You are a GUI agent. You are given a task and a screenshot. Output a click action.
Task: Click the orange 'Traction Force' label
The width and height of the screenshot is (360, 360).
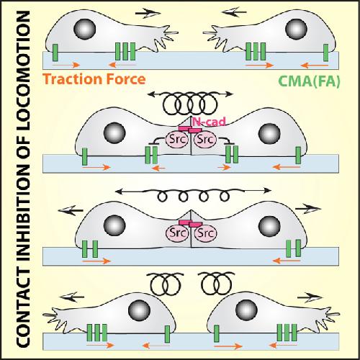tap(94, 79)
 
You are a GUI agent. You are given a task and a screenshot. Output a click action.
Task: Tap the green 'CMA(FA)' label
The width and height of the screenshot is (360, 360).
tap(310, 81)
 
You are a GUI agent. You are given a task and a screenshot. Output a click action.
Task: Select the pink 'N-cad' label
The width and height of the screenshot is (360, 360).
tap(210, 122)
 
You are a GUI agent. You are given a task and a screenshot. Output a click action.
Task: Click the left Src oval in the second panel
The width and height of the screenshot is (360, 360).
tap(176, 140)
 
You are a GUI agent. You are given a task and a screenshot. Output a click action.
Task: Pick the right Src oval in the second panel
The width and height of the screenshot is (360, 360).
tap(205, 140)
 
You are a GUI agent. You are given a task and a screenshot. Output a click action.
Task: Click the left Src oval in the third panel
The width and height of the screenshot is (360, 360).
tap(176, 233)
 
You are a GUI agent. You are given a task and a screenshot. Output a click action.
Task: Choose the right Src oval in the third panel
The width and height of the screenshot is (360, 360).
tap(205, 233)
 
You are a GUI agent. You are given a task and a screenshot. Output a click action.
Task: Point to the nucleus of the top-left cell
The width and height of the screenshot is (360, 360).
tap(85, 29)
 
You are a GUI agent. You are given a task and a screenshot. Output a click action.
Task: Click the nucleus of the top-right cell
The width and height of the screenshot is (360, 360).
tap(296, 29)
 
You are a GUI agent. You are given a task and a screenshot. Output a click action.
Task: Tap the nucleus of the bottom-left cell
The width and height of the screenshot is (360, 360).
tap(139, 310)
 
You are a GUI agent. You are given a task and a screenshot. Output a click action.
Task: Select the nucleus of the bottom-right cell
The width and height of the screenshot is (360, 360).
tap(246, 310)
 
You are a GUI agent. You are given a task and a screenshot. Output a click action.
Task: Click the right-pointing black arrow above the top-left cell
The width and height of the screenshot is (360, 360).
tap(148, 14)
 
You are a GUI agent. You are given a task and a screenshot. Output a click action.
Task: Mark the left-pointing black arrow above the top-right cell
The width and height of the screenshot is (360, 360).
tap(234, 12)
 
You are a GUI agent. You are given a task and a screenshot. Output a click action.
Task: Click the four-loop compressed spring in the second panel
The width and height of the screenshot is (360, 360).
tap(190, 104)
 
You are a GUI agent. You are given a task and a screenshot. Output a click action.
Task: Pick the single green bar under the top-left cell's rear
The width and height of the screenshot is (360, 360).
tap(55, 53)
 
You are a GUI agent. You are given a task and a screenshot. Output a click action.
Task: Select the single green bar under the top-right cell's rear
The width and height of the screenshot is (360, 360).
tap(325, 53)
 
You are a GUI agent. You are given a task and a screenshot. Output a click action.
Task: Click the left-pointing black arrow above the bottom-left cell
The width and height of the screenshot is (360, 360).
tap(71, 297)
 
